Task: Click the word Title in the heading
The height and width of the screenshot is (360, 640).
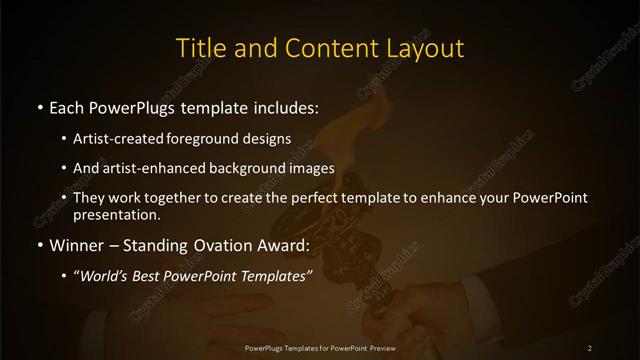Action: pos(200,47)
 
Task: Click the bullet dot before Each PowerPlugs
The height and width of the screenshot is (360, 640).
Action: pos(39,106)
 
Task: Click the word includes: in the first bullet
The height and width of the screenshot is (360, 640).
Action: pos(290,106)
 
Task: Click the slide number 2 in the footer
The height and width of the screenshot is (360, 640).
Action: pos(590,347)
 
